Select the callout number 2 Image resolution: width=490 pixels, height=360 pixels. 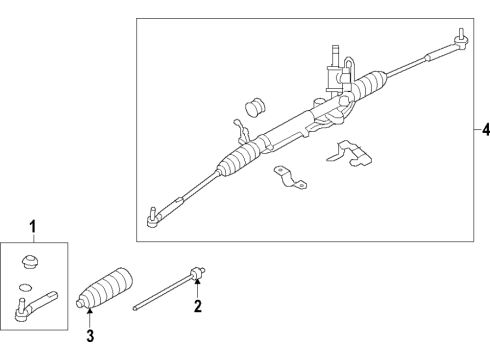(x=198, y=307)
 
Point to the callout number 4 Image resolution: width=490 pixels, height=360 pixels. (x=485, y=129)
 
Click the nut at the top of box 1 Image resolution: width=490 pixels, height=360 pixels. (x=31, y=263)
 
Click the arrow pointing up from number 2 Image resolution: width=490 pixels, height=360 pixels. (x=198, y=289)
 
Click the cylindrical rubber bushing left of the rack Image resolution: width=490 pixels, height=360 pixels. (x=254, y=107)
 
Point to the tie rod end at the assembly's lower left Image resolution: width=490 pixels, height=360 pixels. (x=154, y=215)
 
